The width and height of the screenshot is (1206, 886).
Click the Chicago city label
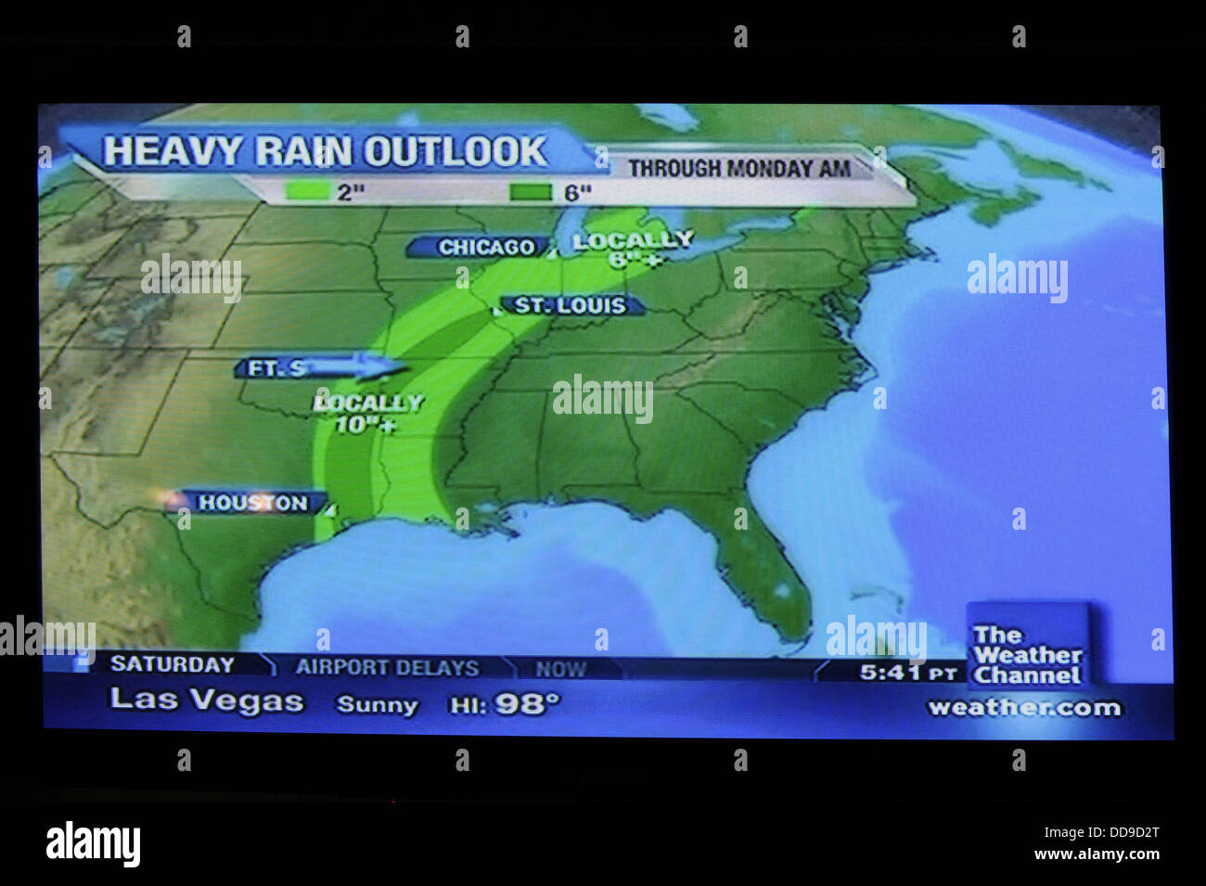(x=486, y=248)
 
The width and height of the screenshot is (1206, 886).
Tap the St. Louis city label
(x=570, y=305)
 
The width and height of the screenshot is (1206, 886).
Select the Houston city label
(x=252, y=503)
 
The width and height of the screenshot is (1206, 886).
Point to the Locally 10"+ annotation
(x=367, y=414)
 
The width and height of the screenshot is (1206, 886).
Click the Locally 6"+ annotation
(x=634, y=250)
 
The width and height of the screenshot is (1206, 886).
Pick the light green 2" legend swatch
(x=309, y=192)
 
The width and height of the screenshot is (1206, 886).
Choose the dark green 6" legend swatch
(x=532, y=192)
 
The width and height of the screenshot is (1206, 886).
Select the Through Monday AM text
(x=739, y=169)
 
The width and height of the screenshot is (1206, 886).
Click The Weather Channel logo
(x=1026, y=655)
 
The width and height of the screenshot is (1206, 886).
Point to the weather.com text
(x=1024, y=708)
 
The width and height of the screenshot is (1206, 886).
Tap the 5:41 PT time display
(x=907, y=672)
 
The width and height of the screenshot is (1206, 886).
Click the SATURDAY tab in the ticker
(x=173, y=664)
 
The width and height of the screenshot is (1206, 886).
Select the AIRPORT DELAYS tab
(x=387, y=667)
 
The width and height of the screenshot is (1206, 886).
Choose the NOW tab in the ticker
(x=560, y=668)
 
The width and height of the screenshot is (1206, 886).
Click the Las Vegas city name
(x=207, y=700)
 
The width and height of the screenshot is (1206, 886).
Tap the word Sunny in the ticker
(x=378, y=705)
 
